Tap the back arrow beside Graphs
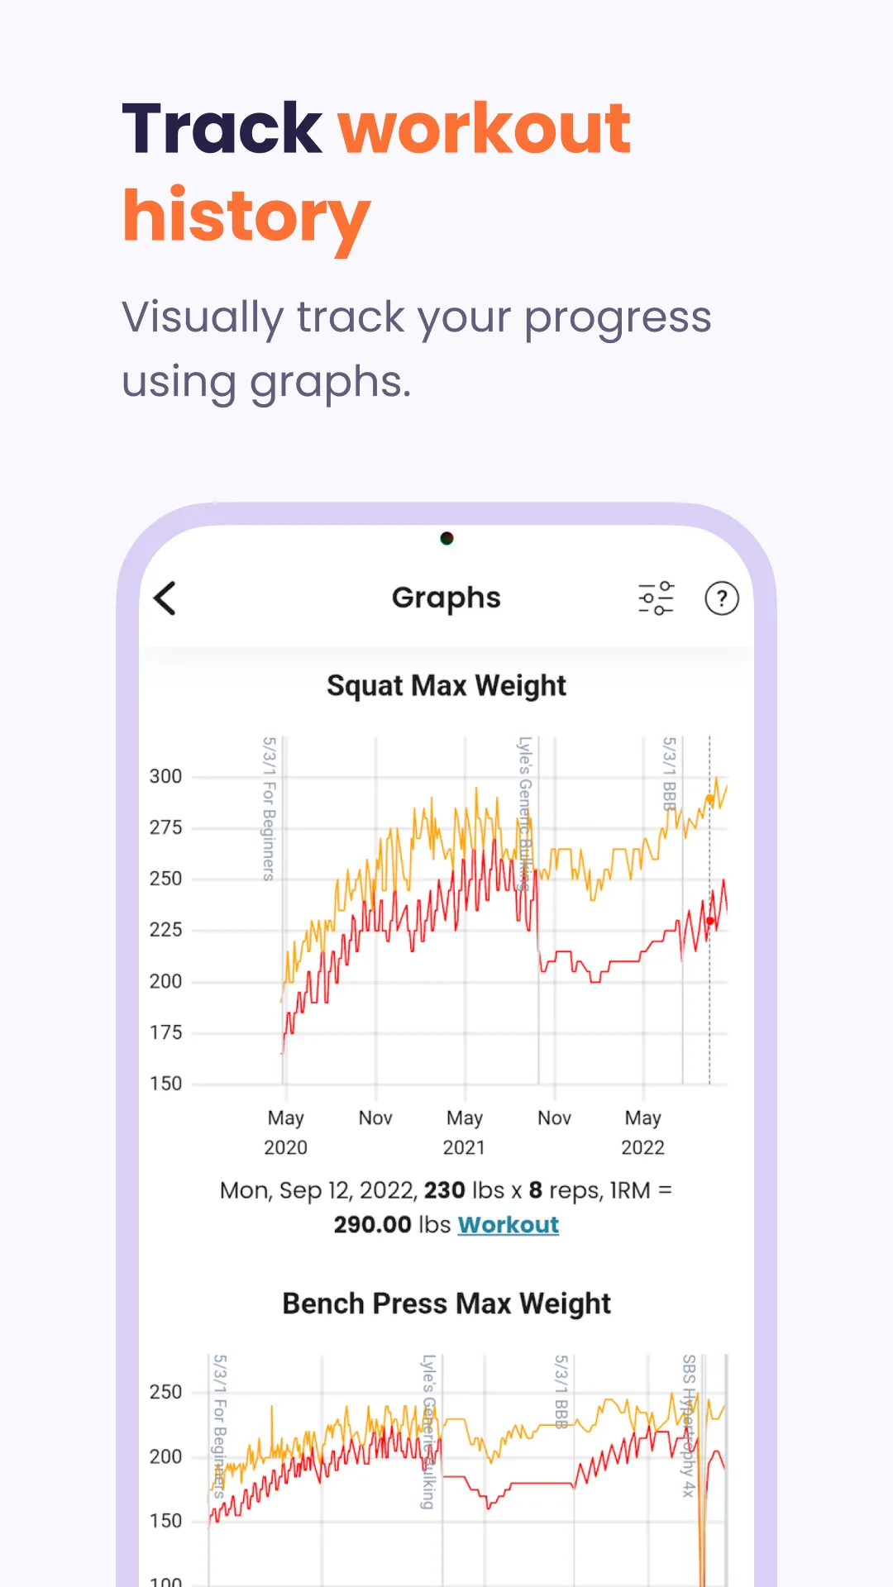tap(165, 598)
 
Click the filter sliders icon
tap(657, 598)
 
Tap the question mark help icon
tap(721, 598)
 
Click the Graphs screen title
tap(446, 598)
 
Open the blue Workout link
tap(509, 1224)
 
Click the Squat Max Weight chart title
tap(446, 686)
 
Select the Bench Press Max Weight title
tap(446, 1303)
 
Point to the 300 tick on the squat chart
tap(165, 776)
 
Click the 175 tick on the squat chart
tap(165, 1032)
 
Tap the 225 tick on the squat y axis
tap(165, 930)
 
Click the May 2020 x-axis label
tap(285, 1132)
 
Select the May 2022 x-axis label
tap(642, 1132)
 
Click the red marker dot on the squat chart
tap(710, 921)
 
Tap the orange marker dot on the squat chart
tap(709, 799)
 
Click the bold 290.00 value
tap(373, 1224)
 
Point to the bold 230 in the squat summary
tap(445, 1190)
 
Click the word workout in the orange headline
tap(485, 129)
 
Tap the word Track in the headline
tap(222, 129)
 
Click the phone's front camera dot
tap(446, 539)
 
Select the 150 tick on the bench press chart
tap(165, 1521)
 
